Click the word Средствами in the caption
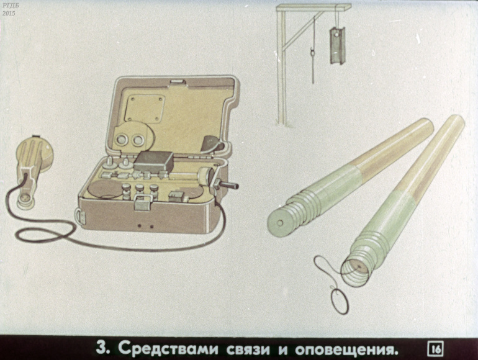click(x=168, y=348)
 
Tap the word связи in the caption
click(x=248, y=349)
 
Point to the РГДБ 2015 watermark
click(x=9, y=11)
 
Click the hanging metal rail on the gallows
click(x=336, y=45)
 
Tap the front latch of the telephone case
click(x=143, y=202)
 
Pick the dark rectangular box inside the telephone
click(x=154, y=161)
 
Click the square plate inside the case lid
click(x=145, y=108)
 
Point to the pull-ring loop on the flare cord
click(x=339, y=301)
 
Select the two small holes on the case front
click(x=145, y=226)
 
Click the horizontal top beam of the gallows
click(x=313, y=7)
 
